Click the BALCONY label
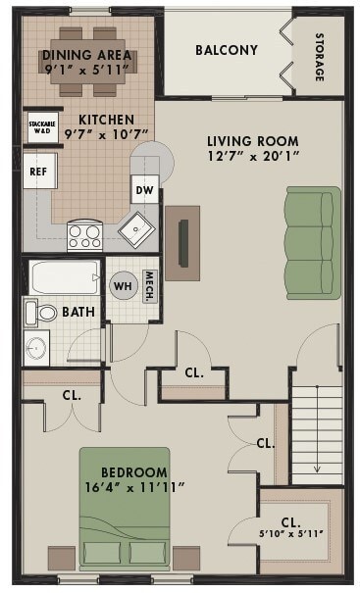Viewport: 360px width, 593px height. click(x=226, y=50)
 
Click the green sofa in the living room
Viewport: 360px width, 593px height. click(x=312, y=242)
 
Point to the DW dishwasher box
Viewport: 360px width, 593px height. click(x=144, y=191)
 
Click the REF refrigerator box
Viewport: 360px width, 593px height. click(x=38, y=171)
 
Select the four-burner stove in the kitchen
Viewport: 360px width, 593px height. click(x=84, y=235)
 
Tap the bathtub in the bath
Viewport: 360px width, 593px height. click(x=65, y=277)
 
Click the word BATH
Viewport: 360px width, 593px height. click(x=78, y=313)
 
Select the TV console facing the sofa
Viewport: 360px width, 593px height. click(x=181, y=242)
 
